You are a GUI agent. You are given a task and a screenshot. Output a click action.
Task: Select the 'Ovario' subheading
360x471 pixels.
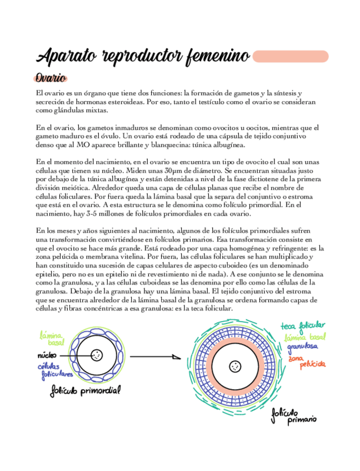[x=51, y=78]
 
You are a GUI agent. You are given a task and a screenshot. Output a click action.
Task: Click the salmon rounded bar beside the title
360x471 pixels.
[x=290, y=56]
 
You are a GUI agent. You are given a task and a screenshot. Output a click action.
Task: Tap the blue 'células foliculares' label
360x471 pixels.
[x=52, y=372]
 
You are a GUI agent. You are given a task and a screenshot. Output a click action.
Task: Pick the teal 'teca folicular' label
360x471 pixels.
[x=303, y=325]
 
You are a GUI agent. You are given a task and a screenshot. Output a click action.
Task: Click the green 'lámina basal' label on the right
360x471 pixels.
[x=305, y=337]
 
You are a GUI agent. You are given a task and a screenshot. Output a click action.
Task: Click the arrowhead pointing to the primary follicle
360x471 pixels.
[x=176, y=356]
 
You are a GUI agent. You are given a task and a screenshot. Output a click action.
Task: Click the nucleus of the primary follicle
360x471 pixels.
[x=237, y=366]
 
